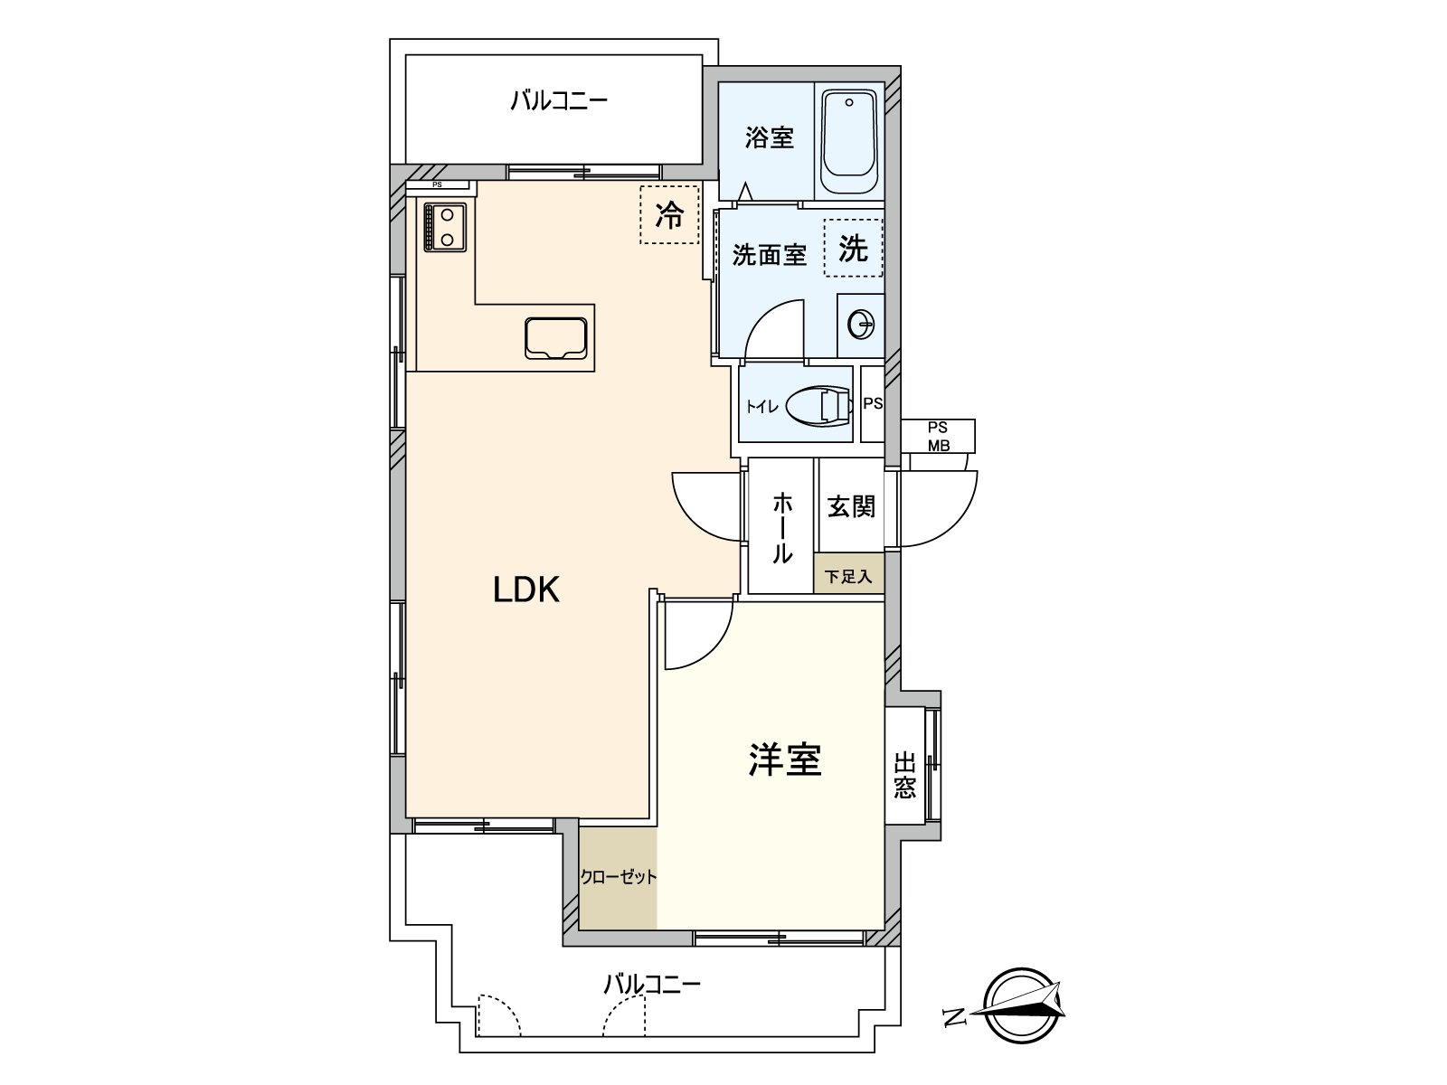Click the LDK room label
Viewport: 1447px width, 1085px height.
[x=526, y=590]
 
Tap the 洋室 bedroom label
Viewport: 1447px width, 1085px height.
[x=784, y=760]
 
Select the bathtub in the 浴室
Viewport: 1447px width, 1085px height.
[x=849, y=141]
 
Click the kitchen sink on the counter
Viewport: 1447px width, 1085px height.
[x=555, y=338]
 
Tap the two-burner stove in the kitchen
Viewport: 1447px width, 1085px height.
[x=445, y=227]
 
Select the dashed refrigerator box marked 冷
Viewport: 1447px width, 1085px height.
[x=669, y=215]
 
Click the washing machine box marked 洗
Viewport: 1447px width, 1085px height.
[x=853, y=248]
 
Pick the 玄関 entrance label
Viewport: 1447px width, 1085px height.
[x=851, y=506]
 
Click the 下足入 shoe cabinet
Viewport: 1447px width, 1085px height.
[x=849, y=574]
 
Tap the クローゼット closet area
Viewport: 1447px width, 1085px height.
[x=619, y=879]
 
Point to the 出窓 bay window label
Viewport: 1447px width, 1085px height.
[x=905, y=776]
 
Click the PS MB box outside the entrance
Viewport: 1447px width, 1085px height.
[x=938, y=436]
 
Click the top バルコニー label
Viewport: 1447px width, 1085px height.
[x=559, y=101]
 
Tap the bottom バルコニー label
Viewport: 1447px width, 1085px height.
[x=652, y=985]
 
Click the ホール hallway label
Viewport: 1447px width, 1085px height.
[x=782, y=528]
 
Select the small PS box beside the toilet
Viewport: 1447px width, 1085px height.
[x=873, y=403]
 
